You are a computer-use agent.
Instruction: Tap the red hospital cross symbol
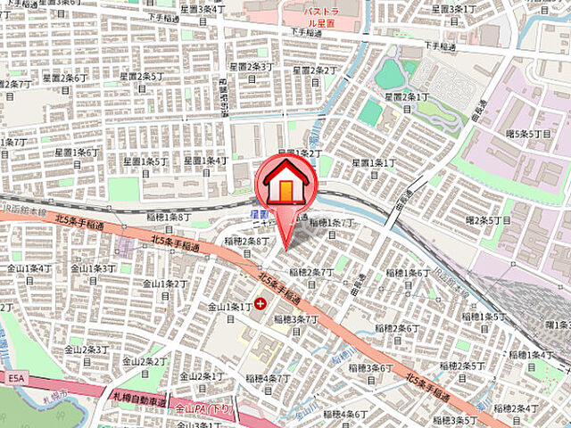260,304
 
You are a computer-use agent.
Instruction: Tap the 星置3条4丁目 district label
199,9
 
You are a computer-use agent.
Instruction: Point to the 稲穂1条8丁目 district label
170,217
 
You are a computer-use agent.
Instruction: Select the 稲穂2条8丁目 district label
247,241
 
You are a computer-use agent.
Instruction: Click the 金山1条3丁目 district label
93,268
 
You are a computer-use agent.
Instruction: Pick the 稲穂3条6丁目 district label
368,367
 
